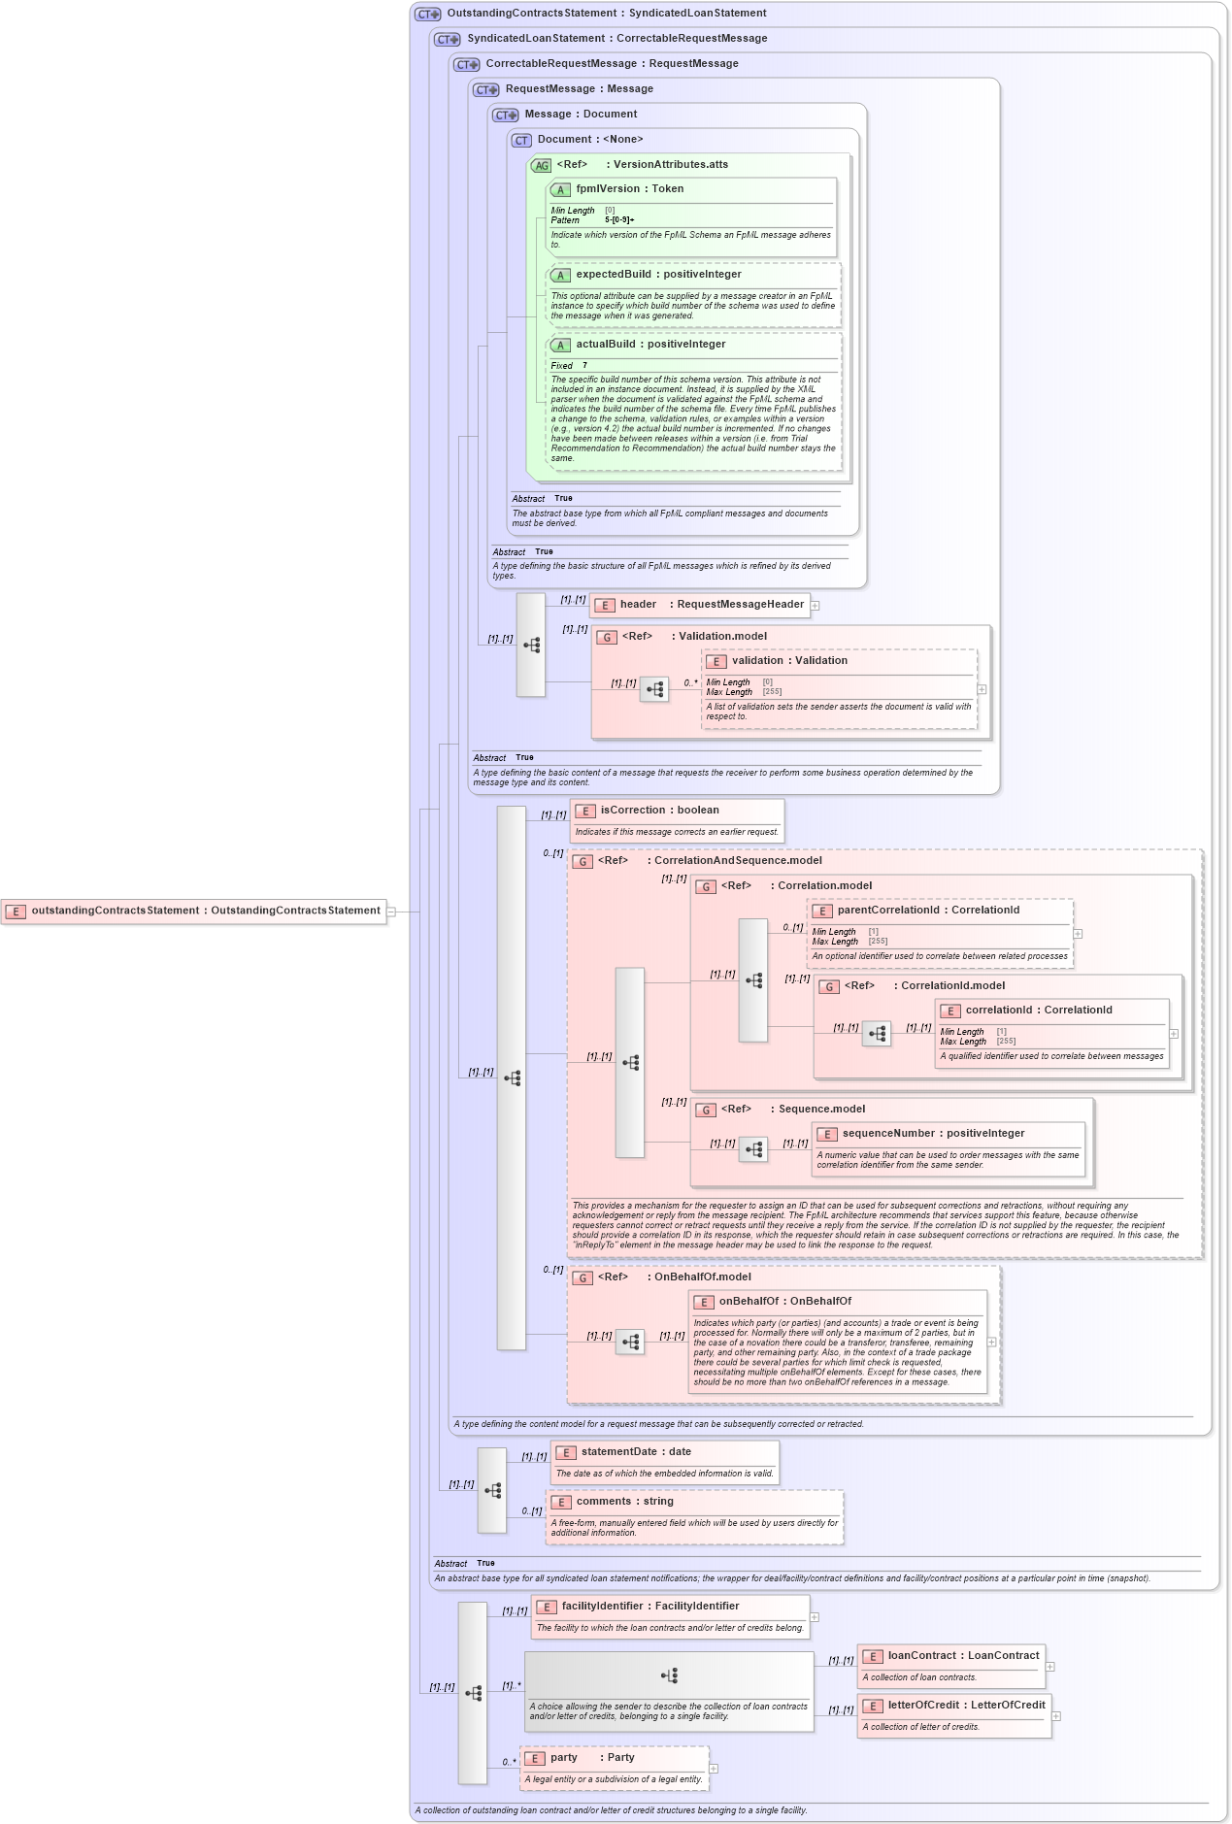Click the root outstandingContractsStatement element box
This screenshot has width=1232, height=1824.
click(x=194, y=911)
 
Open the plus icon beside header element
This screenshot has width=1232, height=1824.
click(x=816, y=606)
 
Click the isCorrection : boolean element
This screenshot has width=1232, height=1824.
click(x=659, y=811)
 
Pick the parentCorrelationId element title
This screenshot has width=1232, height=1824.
click(x=928, y=911)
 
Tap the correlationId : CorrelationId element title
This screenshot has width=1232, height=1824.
click(x=1039, y=1011)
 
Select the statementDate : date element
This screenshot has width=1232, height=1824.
click(x=636, y=1452)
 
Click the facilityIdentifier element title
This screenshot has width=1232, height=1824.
click(x=650, y=1607)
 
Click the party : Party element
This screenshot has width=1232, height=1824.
click(x=592, y=1758)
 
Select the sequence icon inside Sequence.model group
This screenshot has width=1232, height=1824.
click(x=753, y=1150)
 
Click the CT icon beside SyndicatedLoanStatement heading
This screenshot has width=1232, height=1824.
click(x=448, y=40)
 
